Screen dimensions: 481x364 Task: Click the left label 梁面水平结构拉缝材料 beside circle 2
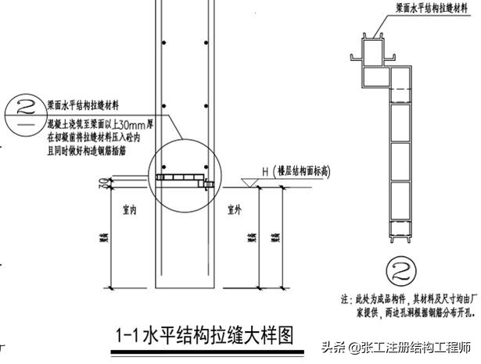tap(88, 105)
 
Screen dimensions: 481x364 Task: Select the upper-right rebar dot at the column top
tap(206, 41)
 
